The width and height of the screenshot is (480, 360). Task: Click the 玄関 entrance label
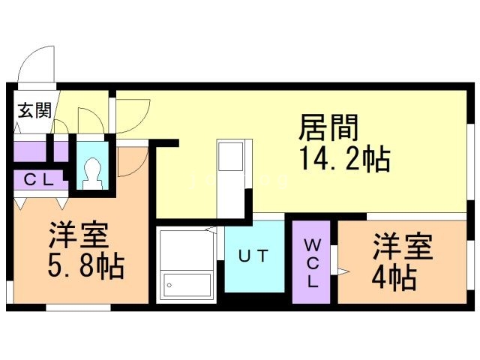(34, 111)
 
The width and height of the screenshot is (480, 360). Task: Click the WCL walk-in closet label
(313, 262)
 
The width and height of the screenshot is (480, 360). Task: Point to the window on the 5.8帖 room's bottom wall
(78, 307)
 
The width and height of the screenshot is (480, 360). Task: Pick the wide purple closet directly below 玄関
(30, 151)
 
